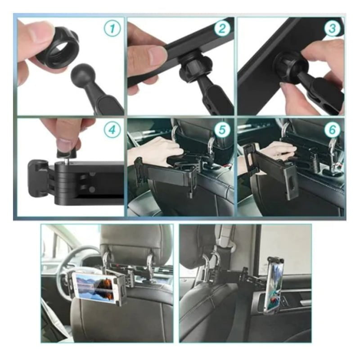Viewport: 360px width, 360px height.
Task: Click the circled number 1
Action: click(x=112, y=28)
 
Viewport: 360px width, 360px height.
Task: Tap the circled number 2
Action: click(x=222, y=28)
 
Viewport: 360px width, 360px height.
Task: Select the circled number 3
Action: click(x=332, y=28)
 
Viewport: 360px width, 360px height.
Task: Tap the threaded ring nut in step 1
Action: click(x=58, y=47)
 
